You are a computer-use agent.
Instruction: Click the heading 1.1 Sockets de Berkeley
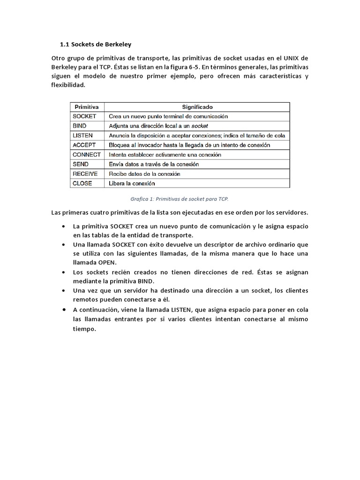(96, 45)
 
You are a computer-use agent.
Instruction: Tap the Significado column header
(197, 107)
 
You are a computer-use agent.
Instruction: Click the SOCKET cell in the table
(85, 116)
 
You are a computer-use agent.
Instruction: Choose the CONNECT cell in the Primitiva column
(87, 154)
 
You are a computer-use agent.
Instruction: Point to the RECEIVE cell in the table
(85, 173)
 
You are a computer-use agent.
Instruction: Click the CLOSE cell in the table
(82, 183)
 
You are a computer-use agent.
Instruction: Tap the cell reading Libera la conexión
(131, 183)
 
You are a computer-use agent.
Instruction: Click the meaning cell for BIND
(158, 126)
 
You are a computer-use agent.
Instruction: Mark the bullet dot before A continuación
(63, 310)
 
